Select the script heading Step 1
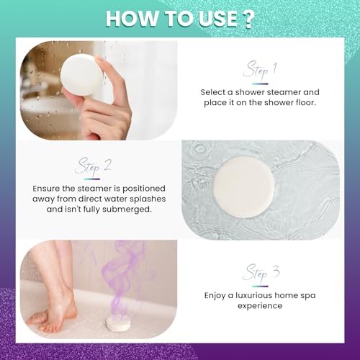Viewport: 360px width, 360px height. coord(260,70)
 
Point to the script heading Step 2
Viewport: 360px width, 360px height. coord(93,166)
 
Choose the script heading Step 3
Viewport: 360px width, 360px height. coord(261,273)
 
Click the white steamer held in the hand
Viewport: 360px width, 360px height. coord(81,75)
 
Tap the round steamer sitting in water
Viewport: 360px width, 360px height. coord(243,187)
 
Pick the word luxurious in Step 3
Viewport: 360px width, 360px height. coord(253,295)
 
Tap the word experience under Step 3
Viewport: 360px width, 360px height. coord(260,306)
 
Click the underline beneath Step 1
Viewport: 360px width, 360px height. coord(260,84)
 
